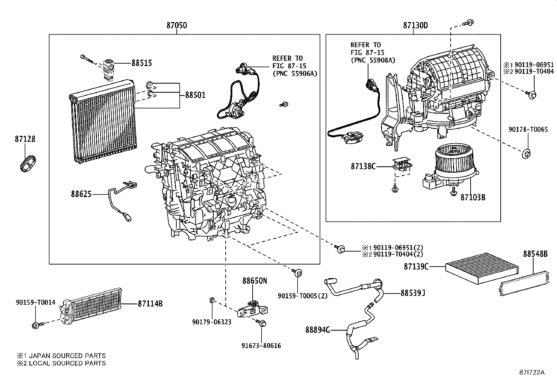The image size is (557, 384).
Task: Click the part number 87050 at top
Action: pos(176,26)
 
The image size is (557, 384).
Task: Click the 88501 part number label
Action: pos(195,95)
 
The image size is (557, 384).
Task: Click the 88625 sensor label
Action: pos(81,194)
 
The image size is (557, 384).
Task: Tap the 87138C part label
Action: pos(363,166)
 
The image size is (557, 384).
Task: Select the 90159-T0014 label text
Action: pos(35,303)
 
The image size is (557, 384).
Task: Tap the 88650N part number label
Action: pos(255,281)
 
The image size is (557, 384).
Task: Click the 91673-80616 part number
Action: pos(261,346)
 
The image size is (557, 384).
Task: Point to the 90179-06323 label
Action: pos(212,322)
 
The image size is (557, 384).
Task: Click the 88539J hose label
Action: pos(413,293)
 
